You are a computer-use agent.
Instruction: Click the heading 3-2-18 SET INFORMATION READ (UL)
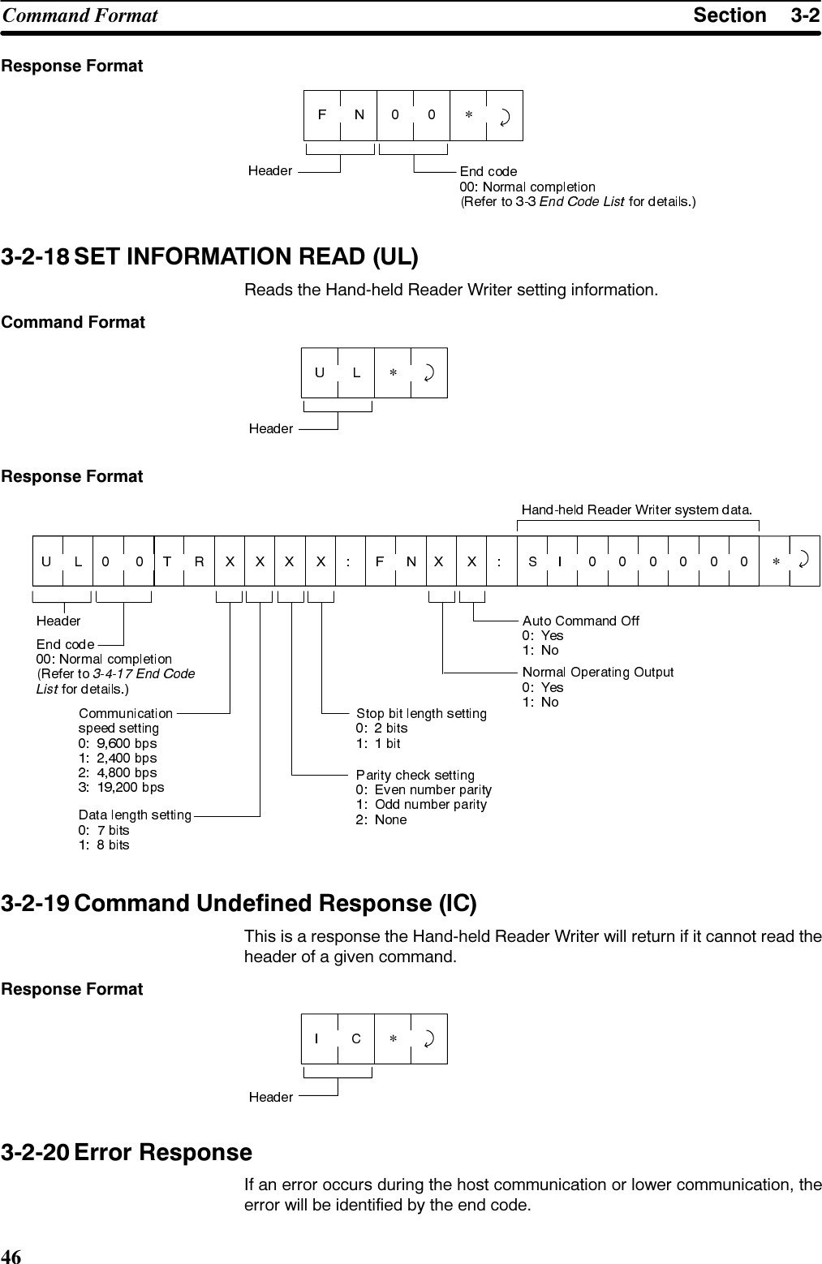click(x=210, y=258)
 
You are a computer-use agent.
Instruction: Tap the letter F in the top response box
click(x=322, y=114)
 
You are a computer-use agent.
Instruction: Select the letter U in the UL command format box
click(x=320, y=372)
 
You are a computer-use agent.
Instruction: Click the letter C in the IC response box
click(x=356, y=1038)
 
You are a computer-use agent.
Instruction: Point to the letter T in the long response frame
click(x=167, y=561)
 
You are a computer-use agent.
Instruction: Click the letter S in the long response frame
click(x=532, y=561)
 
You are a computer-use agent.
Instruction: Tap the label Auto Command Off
click(x=580, y=621)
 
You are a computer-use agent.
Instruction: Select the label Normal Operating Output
click(x=598, y=672)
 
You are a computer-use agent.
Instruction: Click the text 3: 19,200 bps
click(x=121, y=787)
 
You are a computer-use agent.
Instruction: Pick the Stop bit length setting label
click(x=421, y=713)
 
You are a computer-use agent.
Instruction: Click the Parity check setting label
click(x=415, y=776)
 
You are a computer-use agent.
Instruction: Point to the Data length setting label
click(x=135, y=815)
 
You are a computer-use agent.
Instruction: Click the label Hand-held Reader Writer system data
click(x=637, y=509)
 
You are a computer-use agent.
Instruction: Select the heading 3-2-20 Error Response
click(x=127, y=1152)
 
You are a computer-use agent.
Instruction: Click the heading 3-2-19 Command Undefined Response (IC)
click(x=239, y=904)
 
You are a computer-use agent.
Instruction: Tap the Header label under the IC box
click(x=270, y=1097)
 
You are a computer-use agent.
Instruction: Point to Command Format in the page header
click(x=80, y=15)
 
